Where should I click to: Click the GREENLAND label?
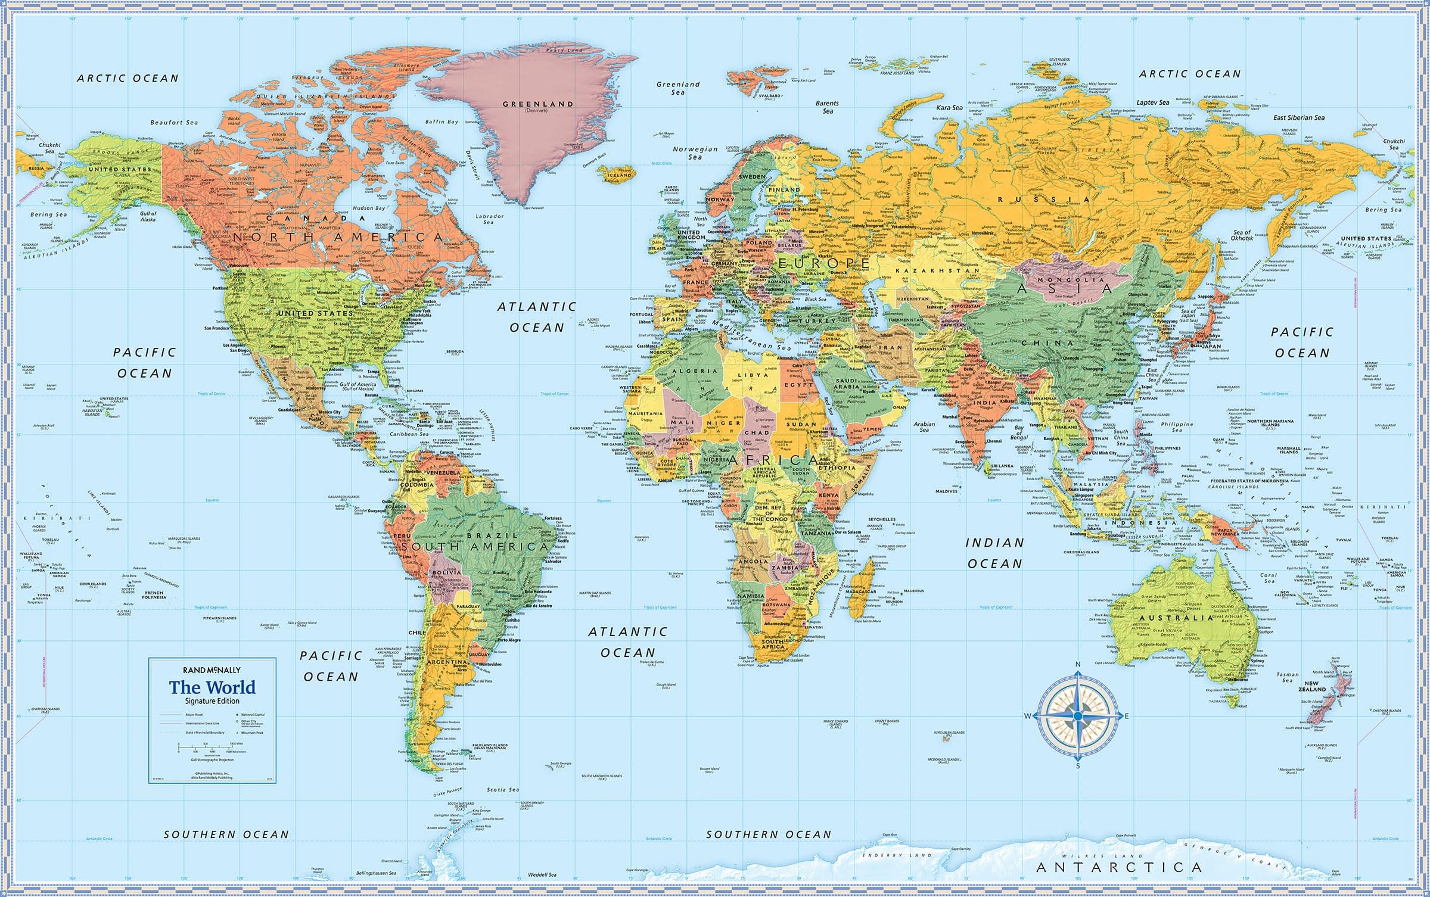point(538,104)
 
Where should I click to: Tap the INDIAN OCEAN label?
point(994,553)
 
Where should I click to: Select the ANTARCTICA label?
point(1118,867)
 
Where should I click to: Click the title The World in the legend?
point(212,687)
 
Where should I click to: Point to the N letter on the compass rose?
point(1077,665)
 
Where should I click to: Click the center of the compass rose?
point(1077,716)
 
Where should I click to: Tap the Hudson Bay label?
point(369,208)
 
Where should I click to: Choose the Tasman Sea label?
point(1288,677)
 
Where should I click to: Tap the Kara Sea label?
point(950,108)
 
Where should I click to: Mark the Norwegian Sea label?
point(695,153)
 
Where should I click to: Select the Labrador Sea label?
point(490,219)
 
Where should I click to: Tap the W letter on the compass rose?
point(1027,716)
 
